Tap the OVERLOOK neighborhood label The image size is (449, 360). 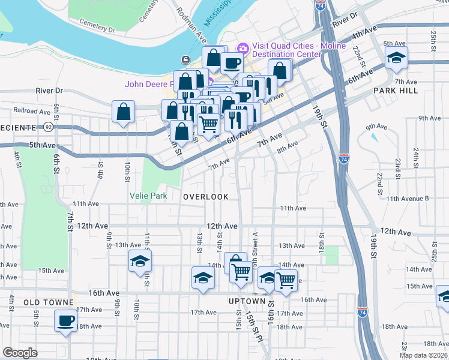[206, 197]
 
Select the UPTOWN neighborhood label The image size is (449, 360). [247, 301]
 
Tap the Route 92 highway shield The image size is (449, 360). [47, 127]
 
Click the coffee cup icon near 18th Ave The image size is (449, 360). [66, 320]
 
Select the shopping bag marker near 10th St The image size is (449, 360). [123, 112]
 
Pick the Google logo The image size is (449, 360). [20, 353]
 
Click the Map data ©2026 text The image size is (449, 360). [423, 355]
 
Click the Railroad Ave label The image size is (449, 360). [30, 110]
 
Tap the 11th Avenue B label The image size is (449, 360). [408, 198]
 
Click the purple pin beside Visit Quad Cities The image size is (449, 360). [243, 47]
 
